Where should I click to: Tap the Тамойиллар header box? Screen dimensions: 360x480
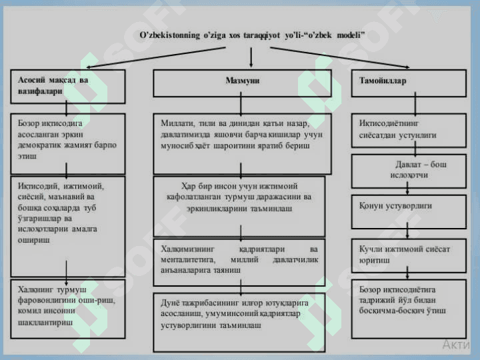(x=408, y=81)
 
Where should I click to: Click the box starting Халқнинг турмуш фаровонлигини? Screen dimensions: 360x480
(x=67, y=309)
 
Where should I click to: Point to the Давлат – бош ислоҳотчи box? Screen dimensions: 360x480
(x=408, y=171)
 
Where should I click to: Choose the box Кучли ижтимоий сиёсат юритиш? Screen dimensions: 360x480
(x=408, y=254)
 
